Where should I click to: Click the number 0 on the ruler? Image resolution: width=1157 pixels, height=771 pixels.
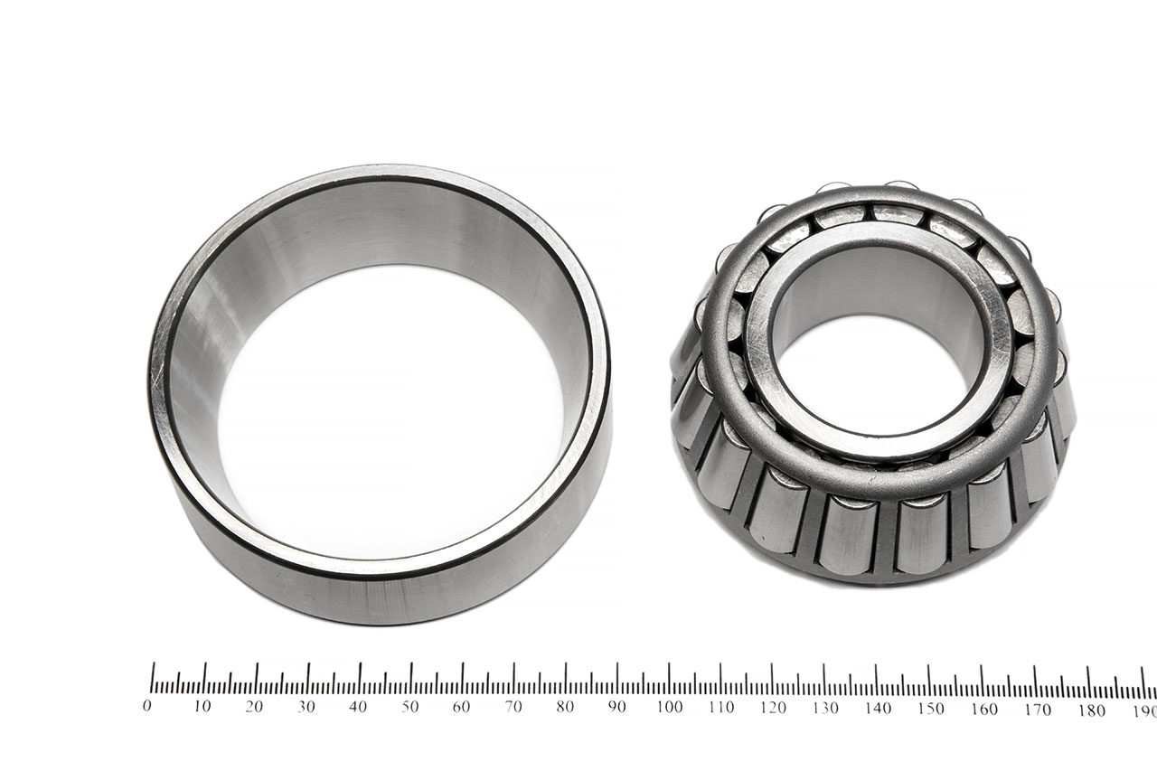point(147,706)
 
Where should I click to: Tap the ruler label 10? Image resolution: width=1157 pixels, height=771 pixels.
point(202,707)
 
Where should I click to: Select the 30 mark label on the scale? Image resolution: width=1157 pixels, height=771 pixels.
point(306,707)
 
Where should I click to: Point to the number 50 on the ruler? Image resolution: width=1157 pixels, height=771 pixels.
point(409,707)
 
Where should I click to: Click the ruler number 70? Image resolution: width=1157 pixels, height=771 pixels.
point(513,707)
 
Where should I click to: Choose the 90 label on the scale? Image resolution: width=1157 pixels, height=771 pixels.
point(616,707)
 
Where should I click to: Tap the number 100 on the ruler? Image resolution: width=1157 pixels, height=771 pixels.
point(670,707)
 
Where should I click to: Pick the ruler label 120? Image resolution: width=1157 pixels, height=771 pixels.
point(773,708)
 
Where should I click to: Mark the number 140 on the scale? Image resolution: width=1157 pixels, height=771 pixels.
point(878,708)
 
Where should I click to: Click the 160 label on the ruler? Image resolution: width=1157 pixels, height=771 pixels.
point(984,710)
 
